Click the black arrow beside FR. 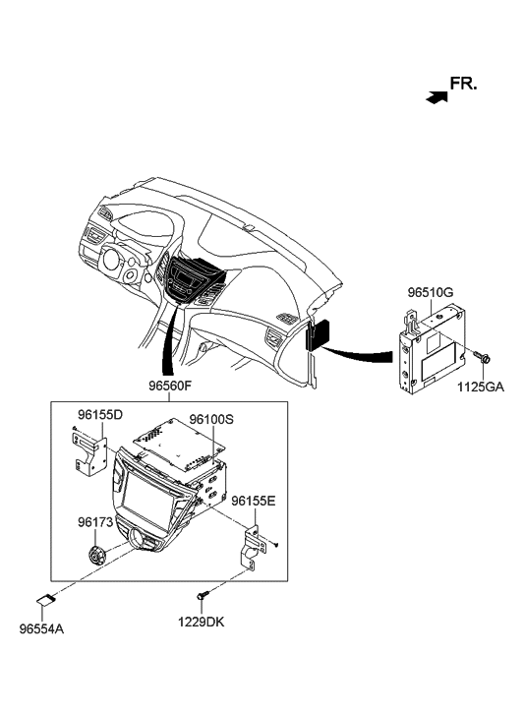click(435, 96)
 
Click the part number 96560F click(169, 388)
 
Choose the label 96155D click(100, 415)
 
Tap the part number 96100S click(212, 420)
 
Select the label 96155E click(253, 502)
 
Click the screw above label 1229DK click(203, 595)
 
